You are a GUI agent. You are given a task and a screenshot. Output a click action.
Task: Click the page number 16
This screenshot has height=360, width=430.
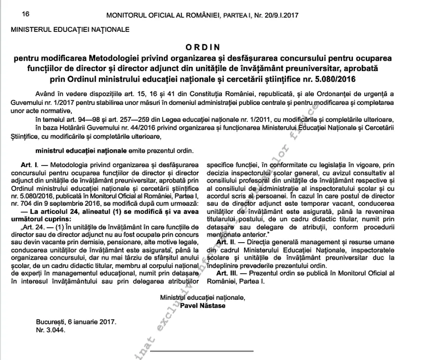tap(12, 14)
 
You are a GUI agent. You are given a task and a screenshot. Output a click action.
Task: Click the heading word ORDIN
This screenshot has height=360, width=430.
tap(214, 47)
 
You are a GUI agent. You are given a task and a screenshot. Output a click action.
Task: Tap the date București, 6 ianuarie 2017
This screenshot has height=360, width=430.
tap(77, 322)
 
